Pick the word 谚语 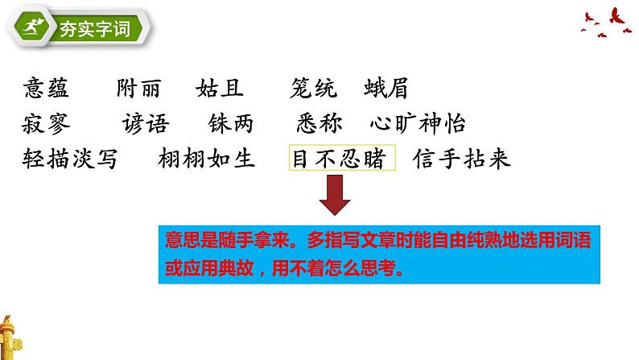click(146, 123)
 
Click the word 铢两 click(229, 123)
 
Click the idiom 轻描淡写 click(71, 159)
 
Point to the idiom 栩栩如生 click(208, 159)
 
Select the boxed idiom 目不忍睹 click(342, 159)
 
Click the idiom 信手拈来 click(461, 159)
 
